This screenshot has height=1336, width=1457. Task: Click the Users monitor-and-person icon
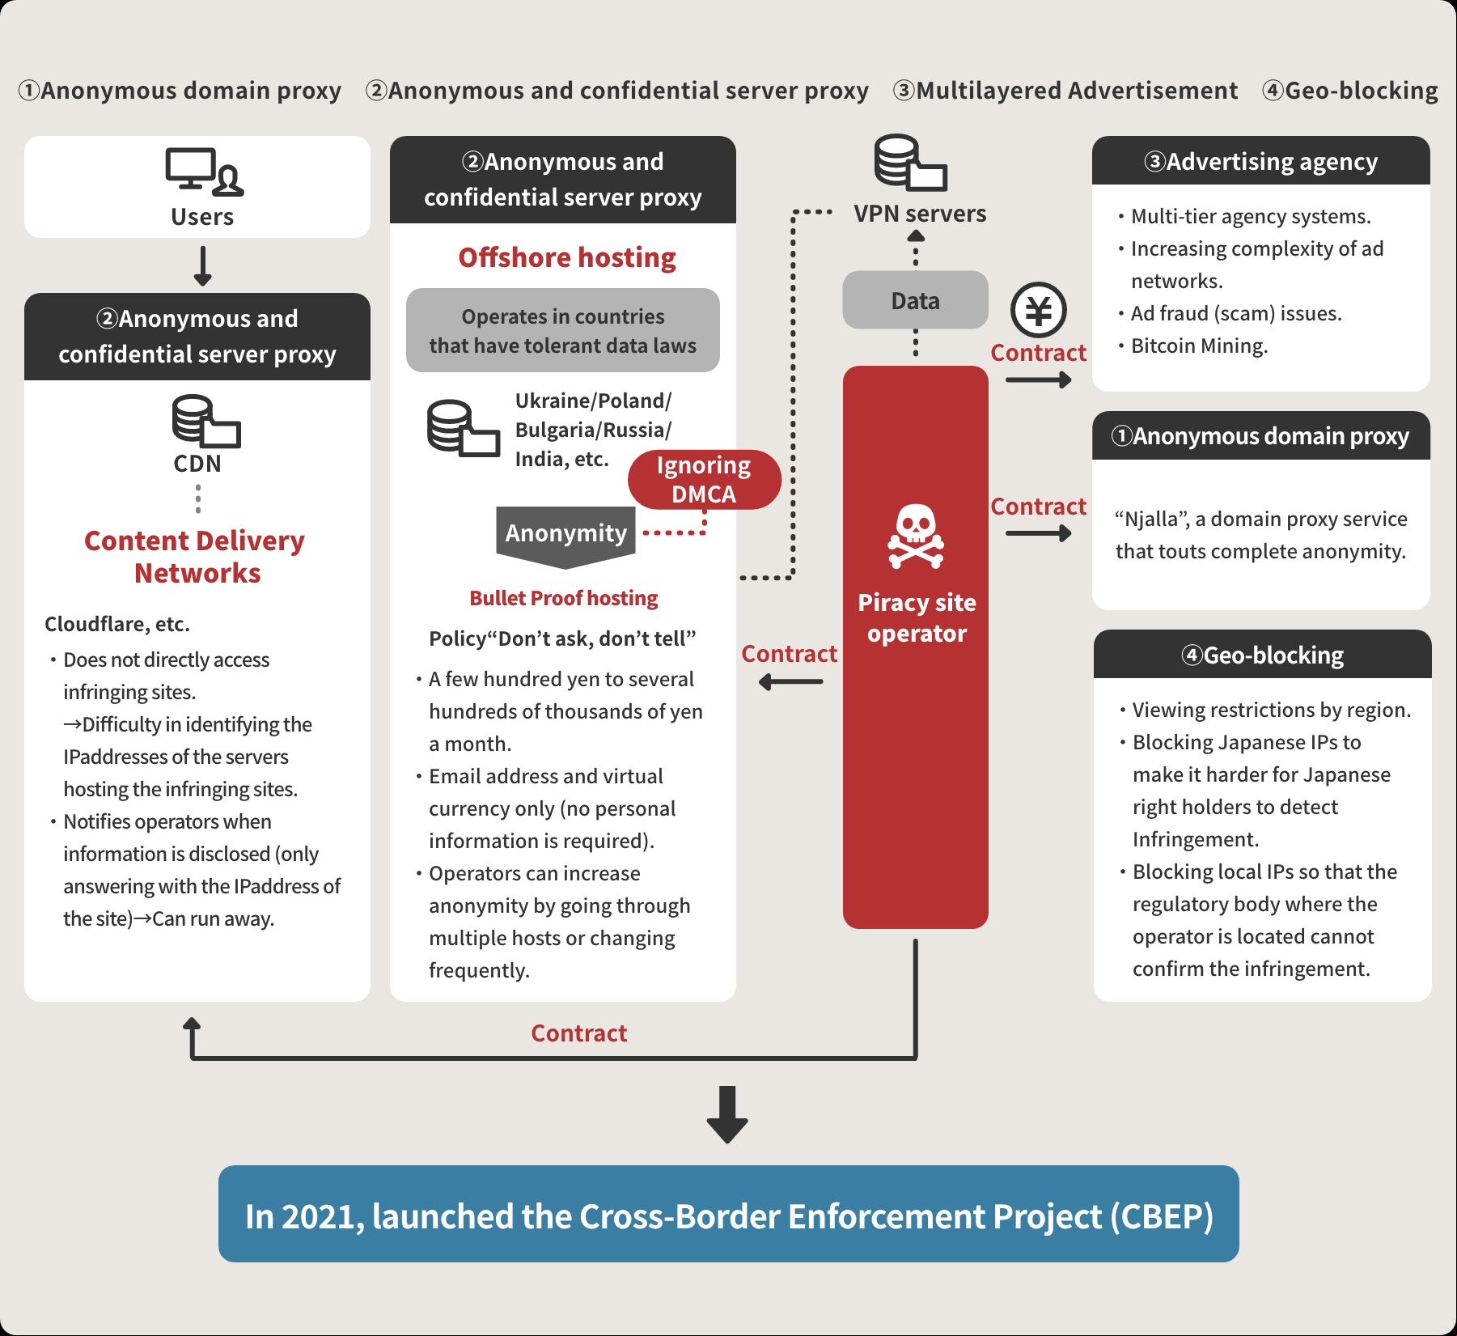204,172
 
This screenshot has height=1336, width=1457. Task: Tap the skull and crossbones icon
916,536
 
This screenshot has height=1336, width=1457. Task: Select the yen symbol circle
1039,310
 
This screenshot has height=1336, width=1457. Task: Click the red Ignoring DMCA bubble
704,479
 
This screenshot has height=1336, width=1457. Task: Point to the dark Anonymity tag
565,536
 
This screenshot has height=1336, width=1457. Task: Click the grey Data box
915,300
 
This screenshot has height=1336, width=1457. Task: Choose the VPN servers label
920,214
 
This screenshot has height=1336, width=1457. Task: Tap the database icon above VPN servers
910,163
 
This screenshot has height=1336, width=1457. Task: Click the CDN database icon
206,421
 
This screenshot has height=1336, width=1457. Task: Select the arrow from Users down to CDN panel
202,266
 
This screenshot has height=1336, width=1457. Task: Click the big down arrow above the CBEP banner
727,1114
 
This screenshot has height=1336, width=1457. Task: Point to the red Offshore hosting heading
567,257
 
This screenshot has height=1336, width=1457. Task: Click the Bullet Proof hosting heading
564,598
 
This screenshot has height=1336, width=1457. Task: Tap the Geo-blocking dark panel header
1262,654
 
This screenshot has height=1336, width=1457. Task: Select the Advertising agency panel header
1261,160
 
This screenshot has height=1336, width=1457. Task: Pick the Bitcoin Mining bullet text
1199,346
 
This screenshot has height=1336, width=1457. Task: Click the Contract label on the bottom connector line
578,1033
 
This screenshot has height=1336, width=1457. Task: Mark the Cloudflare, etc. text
117,624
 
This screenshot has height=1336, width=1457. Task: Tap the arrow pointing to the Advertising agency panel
1039,380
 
